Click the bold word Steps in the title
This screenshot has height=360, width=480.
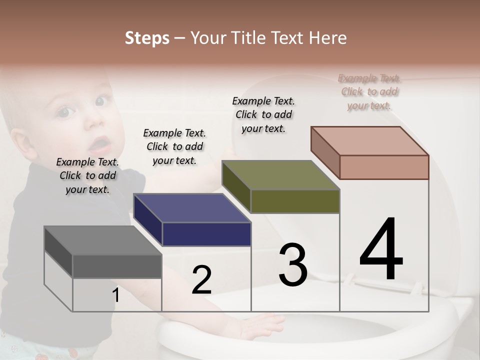tap(147, 38)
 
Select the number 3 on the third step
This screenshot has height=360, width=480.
tap(293, 264)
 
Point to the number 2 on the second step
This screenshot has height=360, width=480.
tap(201, 280)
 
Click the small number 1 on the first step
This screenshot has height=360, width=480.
tap(116, 295)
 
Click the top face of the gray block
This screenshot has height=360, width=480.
tap(102, 240)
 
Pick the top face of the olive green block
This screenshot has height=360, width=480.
tap(280, 175)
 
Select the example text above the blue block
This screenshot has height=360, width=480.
tap(174, 146)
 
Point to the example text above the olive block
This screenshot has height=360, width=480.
tap(263, 114)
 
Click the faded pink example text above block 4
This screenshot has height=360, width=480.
tap(369, 91)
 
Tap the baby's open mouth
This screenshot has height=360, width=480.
tap(100, 145)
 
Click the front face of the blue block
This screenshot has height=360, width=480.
tap(206, 234)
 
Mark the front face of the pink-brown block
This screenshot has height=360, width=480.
tap(384, 167)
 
